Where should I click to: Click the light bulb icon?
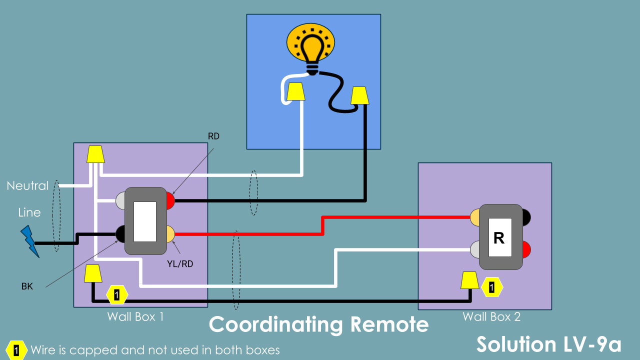click(312, 47)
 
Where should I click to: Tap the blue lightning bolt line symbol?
click(29, 240)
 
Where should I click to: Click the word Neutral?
click(27, 186)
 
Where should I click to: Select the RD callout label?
click(213, 136)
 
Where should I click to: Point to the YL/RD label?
click(179, 263)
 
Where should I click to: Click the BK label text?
click(27, 286)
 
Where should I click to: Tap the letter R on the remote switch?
click(499, 238)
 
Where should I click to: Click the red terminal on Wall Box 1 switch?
click(170, 201)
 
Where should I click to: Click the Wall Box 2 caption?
click(491, 316)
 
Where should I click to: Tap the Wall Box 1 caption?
click(135, 316)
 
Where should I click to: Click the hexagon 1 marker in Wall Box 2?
click(492, 287)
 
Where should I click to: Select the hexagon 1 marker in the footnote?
click(16, 350)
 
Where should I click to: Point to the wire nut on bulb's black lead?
click(359, 95)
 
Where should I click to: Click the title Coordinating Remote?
click(318, 324)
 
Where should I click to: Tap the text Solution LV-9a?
click(549, 344)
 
